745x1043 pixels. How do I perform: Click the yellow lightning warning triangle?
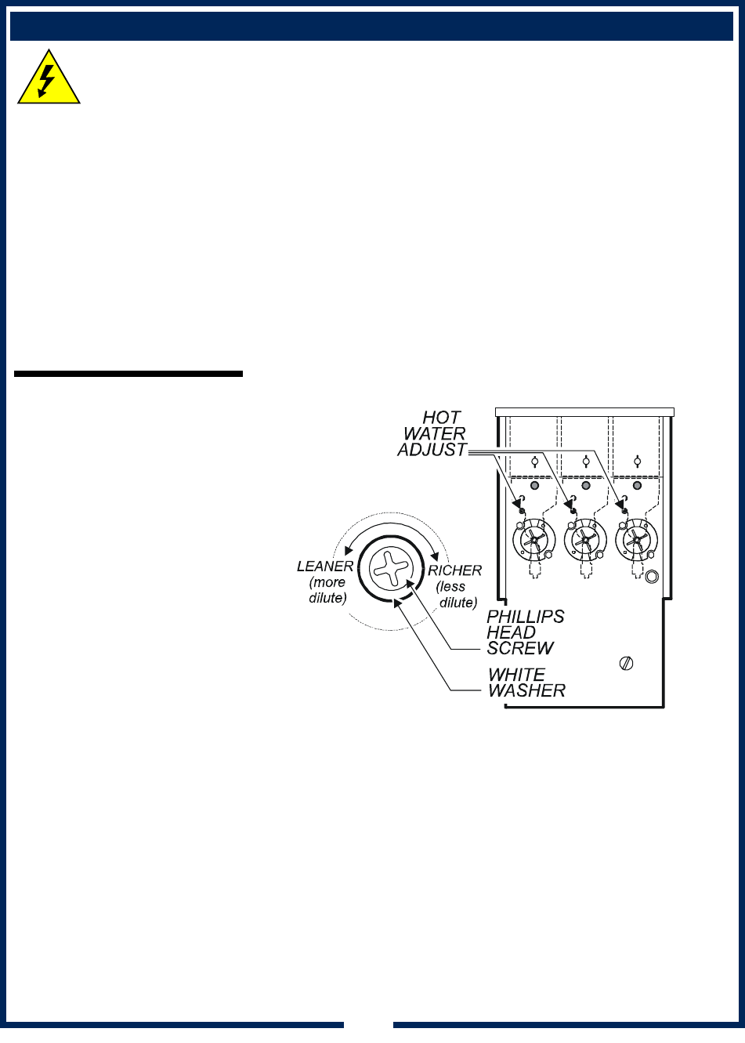[x=49, y=79]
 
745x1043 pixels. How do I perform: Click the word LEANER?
[x=325, y=567]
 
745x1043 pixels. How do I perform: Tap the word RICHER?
[x=455, y=570]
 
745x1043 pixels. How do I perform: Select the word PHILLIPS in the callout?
[x=525, y=617]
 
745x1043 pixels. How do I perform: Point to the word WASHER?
[x=526, y=690]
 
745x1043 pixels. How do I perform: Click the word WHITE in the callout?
[x=516, y=675]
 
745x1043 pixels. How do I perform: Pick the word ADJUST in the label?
[x=432, y=450]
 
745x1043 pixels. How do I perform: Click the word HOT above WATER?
[x=442, y=418]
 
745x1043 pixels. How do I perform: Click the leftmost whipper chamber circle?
[x=533, y=540]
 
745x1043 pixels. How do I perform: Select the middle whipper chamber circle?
[x=585, y=540]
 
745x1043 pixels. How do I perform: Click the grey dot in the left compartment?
[x=534, y=486]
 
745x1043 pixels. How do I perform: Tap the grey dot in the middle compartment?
[x=585, y=486]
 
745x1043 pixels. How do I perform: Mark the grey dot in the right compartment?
[x=637, y=486]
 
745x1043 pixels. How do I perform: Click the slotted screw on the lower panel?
[x=626, y=663]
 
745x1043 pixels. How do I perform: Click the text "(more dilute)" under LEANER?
[x=327, y=590]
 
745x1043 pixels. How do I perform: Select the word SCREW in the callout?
[x=520, y=648]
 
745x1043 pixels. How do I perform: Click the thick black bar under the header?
[x=128, y=375]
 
